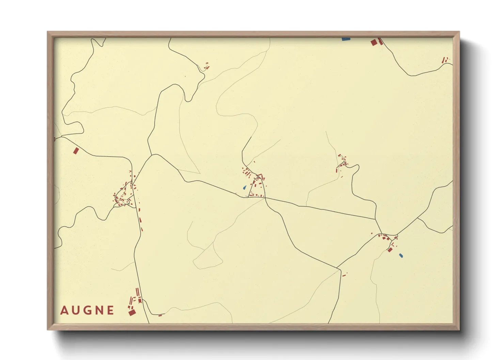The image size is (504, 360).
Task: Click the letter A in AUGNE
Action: pyautogui.click(x=64, y=310)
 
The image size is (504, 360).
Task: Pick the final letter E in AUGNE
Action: pyautogui.click(x=110, y=310)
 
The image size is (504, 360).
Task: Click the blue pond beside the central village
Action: pyautogui.click(x=245, y=187)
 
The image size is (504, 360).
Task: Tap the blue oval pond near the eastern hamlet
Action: pyautogui.click(x=401, y=255)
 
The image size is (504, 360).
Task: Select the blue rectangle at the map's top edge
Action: pyautogui.click(x=346, y=39)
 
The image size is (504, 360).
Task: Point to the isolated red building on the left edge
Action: pyautogui.click(x=76, y=150)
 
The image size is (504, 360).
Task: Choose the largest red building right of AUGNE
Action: pyautogui.click(x=132, y=312)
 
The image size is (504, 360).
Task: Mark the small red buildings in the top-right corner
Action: pyautogui.click(x=445, y=60)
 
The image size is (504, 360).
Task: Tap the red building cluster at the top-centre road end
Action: pyautogui.click(x=206, y=66)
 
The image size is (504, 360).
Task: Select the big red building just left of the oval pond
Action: pyautogui.click(x=390, y=250)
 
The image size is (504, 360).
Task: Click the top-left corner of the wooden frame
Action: pyautogui.click(x=47, y=32)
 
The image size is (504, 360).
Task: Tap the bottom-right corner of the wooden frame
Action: pyautogui.click(x=459, y=330)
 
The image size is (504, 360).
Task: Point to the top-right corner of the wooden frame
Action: pyautogui.click(x=459, y=32)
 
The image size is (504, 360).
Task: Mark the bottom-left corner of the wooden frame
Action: pyautogui.click(x=47, y=330)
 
